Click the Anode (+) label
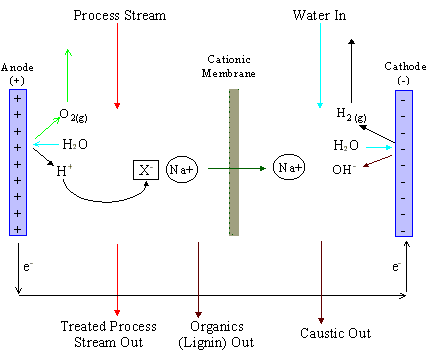[x=18, y=74]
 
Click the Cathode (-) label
[x=404, y=73]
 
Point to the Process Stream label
[x=118, y=17]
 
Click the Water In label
[x=320, y=17]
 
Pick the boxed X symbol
[x=145, y=169]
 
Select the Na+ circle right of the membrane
[x=285, y=169]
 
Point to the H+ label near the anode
[x=64, y=171]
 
